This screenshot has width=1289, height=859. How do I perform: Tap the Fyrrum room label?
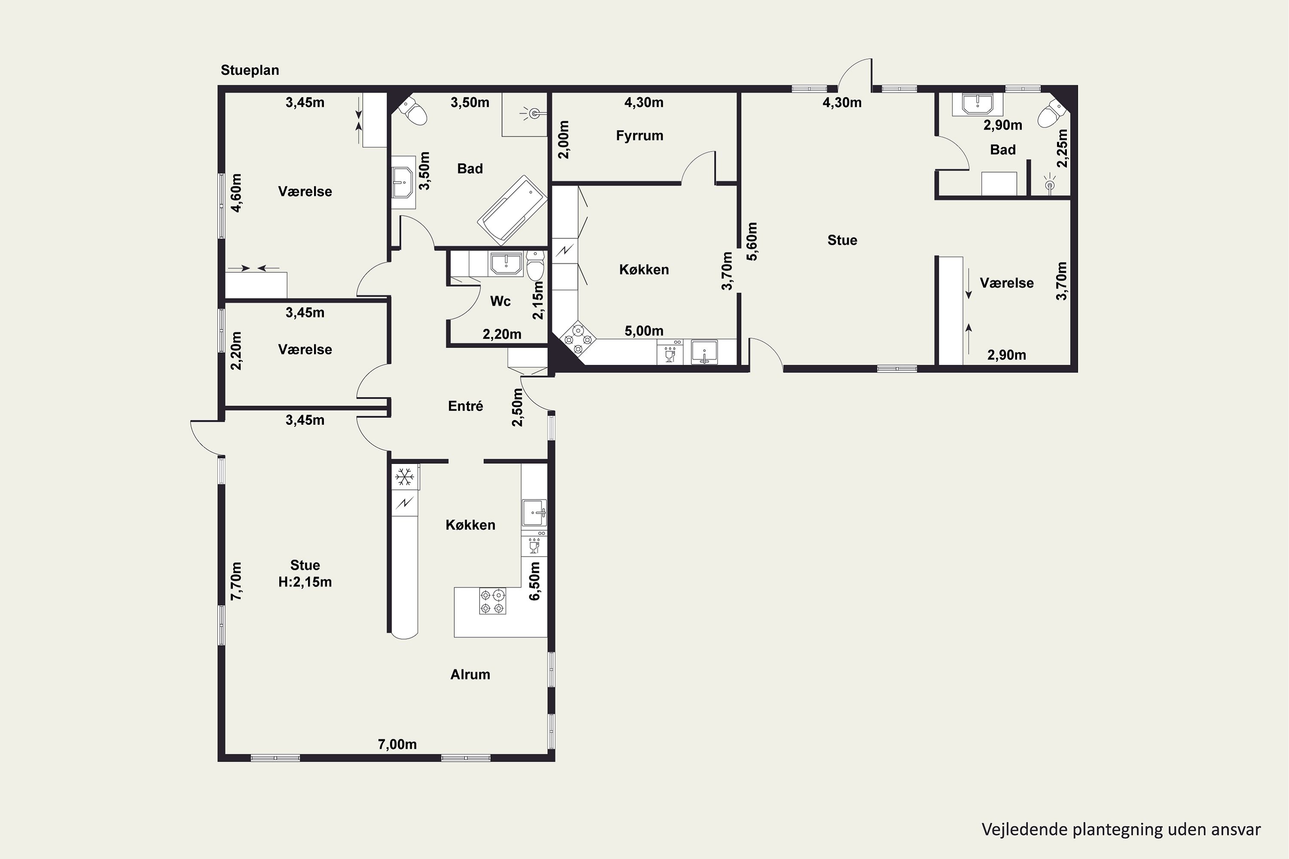(640, 136)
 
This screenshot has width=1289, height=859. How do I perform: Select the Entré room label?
(465, 406)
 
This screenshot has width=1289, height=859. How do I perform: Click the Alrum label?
(470, 674)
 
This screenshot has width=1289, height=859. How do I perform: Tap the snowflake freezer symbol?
(405, 477)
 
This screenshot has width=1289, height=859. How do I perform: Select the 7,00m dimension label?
(397, 744)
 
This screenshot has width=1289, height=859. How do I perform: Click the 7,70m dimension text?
(236, 581)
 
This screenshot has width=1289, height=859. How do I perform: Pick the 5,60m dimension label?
(752, 241)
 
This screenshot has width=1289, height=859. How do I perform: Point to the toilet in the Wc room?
(535, 266)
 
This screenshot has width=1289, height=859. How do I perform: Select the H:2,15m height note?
(305, 582)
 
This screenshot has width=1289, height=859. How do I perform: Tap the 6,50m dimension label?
(535, 581)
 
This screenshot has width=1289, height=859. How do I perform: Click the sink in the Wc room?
(507, 264)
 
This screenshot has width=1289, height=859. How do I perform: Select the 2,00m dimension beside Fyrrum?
(563, 140)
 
